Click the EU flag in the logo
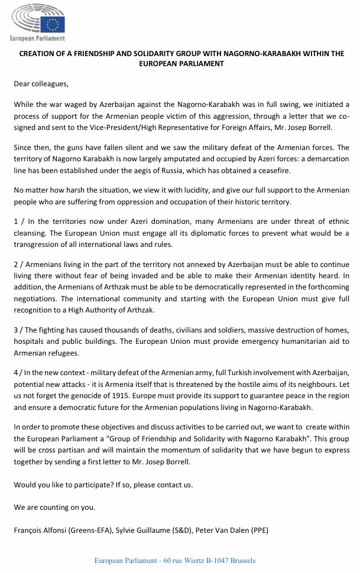[55, 24]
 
